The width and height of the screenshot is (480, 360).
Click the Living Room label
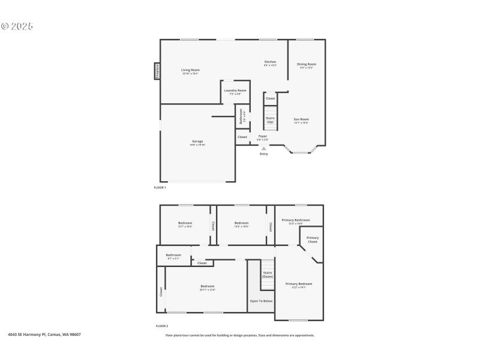click(190, 70)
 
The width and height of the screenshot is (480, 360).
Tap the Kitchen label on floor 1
click(270, 62)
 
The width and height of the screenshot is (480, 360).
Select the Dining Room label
click(307, 64)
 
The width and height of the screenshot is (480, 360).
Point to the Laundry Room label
click(235, 91)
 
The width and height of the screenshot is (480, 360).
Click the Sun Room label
click(301, 119)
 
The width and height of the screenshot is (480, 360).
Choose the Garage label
click(197, 142)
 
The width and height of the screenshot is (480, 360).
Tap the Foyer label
click(263, 136)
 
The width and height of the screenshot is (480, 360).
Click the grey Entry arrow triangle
click(263, 149)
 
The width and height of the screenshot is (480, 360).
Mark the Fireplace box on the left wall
click(157, 71)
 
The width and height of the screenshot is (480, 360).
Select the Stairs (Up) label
click(270, 119)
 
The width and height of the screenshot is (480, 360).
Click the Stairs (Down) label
click(268, 275)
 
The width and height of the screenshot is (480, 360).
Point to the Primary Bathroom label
click(299, 220)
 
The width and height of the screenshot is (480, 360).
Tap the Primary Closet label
click(313, 239)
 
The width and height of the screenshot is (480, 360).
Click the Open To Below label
click(261, 301)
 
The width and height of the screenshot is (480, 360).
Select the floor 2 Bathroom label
click(173, 255)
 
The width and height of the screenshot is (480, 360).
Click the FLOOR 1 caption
click(160, 188)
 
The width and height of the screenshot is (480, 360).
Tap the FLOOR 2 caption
click(161, 326)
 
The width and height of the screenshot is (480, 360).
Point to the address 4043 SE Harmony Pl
click(44, 335)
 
